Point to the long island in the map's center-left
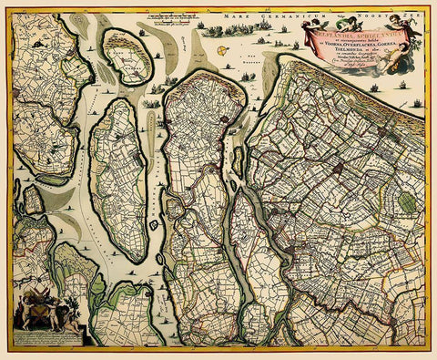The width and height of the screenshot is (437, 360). [x=121, y=178]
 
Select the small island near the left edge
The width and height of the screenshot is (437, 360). [x=33, y=199]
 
